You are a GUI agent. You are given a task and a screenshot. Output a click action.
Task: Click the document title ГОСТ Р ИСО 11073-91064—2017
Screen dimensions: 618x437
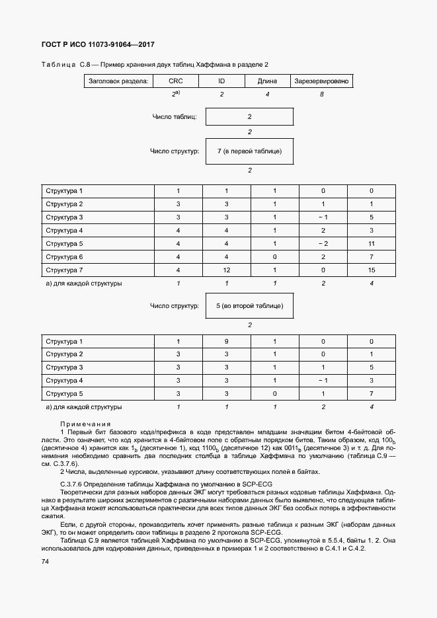[93, 44]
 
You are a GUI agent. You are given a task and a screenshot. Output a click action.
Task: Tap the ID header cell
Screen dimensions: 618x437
[221, 81]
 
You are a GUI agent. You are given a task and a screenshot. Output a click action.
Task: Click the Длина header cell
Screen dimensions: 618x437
[267, 81]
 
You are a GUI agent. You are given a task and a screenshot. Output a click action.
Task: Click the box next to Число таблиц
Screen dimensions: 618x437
[250, 117]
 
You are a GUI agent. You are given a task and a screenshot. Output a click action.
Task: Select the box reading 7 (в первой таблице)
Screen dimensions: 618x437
[250, 151]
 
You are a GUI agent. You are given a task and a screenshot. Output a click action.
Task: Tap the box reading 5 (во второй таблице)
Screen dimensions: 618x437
[250, 306]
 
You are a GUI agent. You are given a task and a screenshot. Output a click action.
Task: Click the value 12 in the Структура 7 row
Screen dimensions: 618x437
[225, 270]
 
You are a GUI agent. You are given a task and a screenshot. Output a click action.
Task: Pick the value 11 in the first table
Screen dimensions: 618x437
[372, 243]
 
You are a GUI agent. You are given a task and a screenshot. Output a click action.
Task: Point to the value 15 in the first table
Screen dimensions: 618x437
[372, 270]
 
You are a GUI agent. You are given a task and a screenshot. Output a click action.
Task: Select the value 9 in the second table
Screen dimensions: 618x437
[225, 342]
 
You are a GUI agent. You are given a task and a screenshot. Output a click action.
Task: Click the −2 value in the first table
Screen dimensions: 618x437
[323, 243]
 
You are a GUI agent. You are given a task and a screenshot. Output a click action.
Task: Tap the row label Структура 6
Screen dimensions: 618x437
[64, 256]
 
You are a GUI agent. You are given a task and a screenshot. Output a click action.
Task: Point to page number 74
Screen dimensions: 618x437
[45, 561]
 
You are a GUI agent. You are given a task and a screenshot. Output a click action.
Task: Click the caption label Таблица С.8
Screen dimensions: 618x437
[60, 64]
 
